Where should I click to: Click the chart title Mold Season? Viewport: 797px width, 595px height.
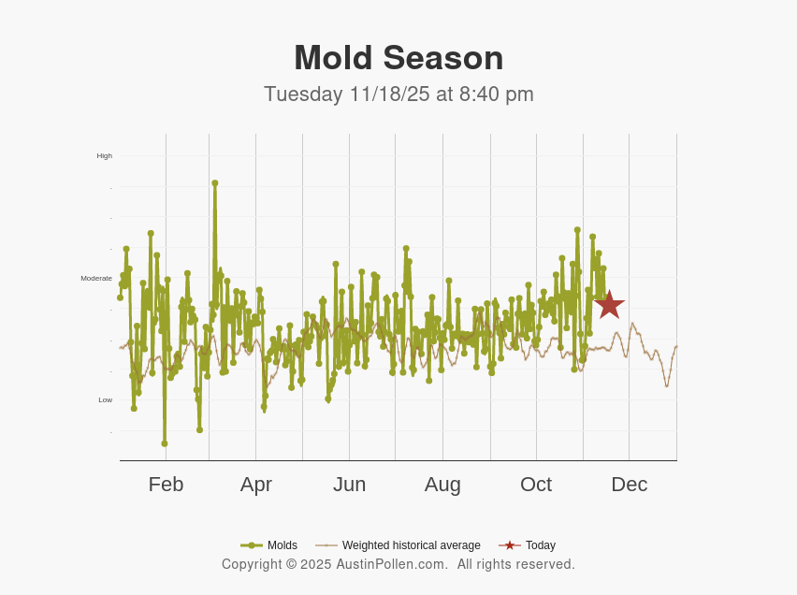pyautogui.click(x=398, y=58)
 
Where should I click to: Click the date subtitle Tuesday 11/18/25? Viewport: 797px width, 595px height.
pyautogui.click(x=343, y=94)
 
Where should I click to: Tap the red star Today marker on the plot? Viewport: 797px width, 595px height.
pyautogui.click(x=609, y=304)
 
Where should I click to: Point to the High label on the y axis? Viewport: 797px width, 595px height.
pyautogui.click(x=104, y=155)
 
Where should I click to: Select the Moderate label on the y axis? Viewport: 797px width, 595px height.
pyautogui.click(x=96, y=278)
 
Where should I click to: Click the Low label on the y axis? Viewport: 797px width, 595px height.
pyautogui.click(x=105, y=399)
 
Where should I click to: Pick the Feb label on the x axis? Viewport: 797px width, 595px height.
pyautogui.click(x=166, y=485)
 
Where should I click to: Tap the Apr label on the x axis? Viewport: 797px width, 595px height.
pyautogui.click(x=255, y=485)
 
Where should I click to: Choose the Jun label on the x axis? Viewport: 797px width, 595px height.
pyautogui.click(x=349, y=485)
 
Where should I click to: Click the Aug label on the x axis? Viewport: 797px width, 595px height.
pyautogui.click(x=442, y=485)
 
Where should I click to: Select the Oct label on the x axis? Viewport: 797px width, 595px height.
pyautogui.click(x=536, y=485)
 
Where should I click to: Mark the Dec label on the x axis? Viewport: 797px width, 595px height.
pyautogui.click(x=629, y=485)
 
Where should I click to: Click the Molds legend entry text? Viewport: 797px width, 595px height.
pyautogui.click(x=282, y=545)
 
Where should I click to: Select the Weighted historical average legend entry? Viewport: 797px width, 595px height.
pyautogui.click(x=411, y=545)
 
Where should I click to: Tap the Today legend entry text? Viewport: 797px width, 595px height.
pyautogui.click(x=540, y=545)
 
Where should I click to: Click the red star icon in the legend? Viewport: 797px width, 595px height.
pyautogui.click(x=509, y=545)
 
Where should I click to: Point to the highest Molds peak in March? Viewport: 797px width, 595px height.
pyautogui.click(x=214, y=183)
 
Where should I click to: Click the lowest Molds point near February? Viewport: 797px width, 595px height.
pyautogui.click(x=165, y=443)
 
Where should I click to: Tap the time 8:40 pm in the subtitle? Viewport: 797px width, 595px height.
pyautogui.click(x=496, y=94)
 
